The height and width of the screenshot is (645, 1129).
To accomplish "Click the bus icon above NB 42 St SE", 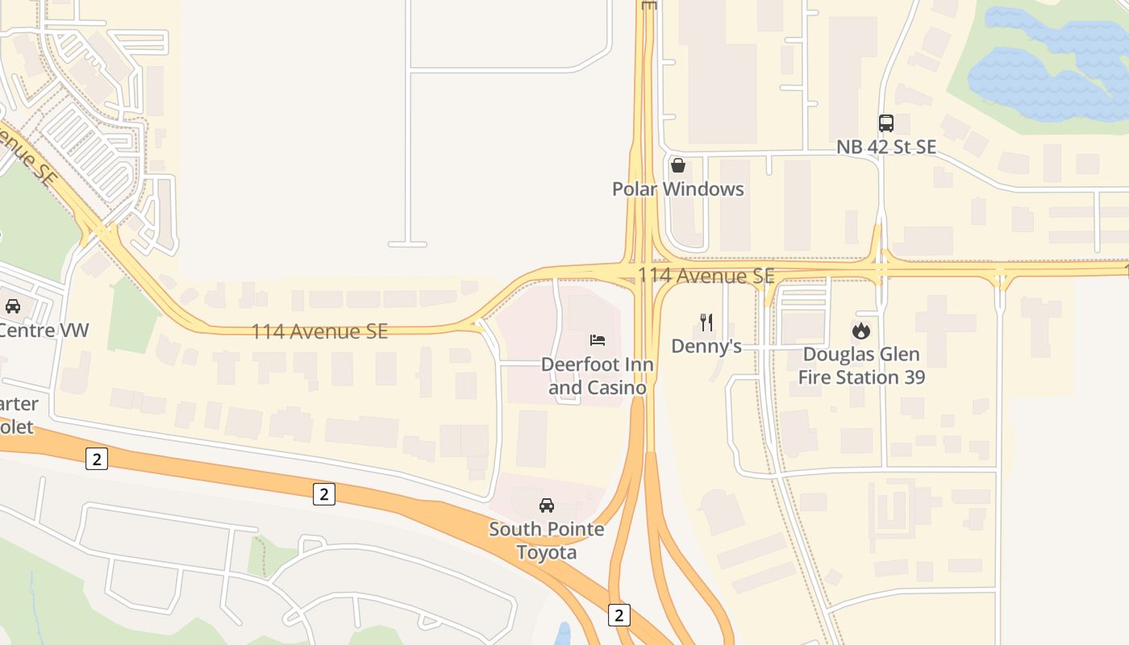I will (885, 123).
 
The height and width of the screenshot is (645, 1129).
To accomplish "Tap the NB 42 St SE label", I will (885, 147).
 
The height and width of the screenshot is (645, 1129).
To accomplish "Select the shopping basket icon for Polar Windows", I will (678, 165).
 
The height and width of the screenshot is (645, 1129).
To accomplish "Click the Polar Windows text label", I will (678, 189).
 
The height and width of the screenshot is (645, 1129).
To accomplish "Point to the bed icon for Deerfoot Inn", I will (598, 340).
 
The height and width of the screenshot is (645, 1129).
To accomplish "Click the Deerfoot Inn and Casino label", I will (598, 376).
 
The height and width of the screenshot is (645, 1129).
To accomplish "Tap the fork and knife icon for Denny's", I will (706, 322).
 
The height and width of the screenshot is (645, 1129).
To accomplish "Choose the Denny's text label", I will (706, 347).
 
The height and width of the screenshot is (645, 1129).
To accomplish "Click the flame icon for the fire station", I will (861, 331).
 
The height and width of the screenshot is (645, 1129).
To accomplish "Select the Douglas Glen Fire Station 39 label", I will (861, 365).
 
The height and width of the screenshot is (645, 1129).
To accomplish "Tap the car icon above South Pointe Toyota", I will (547, 506).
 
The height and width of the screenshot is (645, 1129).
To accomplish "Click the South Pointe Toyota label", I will (547, 541).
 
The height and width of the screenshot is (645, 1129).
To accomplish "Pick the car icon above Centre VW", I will (13, 306).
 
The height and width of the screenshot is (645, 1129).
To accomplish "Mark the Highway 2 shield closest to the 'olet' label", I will (97, 460).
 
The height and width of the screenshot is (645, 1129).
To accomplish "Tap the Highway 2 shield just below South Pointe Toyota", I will (619, 614).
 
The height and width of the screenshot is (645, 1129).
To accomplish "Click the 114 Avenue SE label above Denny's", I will (706, 276).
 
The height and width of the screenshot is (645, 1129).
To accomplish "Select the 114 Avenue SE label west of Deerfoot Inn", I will (319, 331).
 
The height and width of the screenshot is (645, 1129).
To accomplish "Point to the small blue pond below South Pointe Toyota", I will (564, 634).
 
